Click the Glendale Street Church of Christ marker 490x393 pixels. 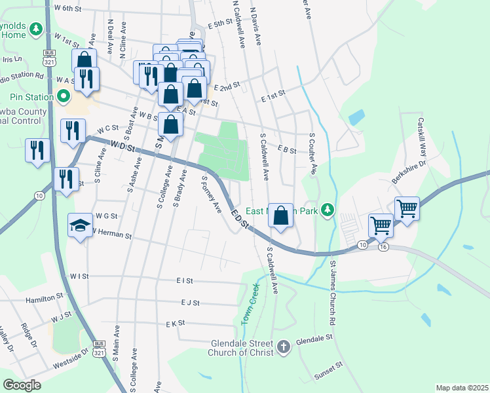(x=284, y=347)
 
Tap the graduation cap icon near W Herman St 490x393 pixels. (x=81, y=226)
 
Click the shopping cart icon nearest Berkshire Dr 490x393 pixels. (x=407, y=208)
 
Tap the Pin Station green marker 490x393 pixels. (x=64, y=98)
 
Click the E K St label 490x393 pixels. (x=176, y=324)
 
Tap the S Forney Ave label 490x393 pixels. (x=212, y=194)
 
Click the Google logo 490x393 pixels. (x=22, y=385)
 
